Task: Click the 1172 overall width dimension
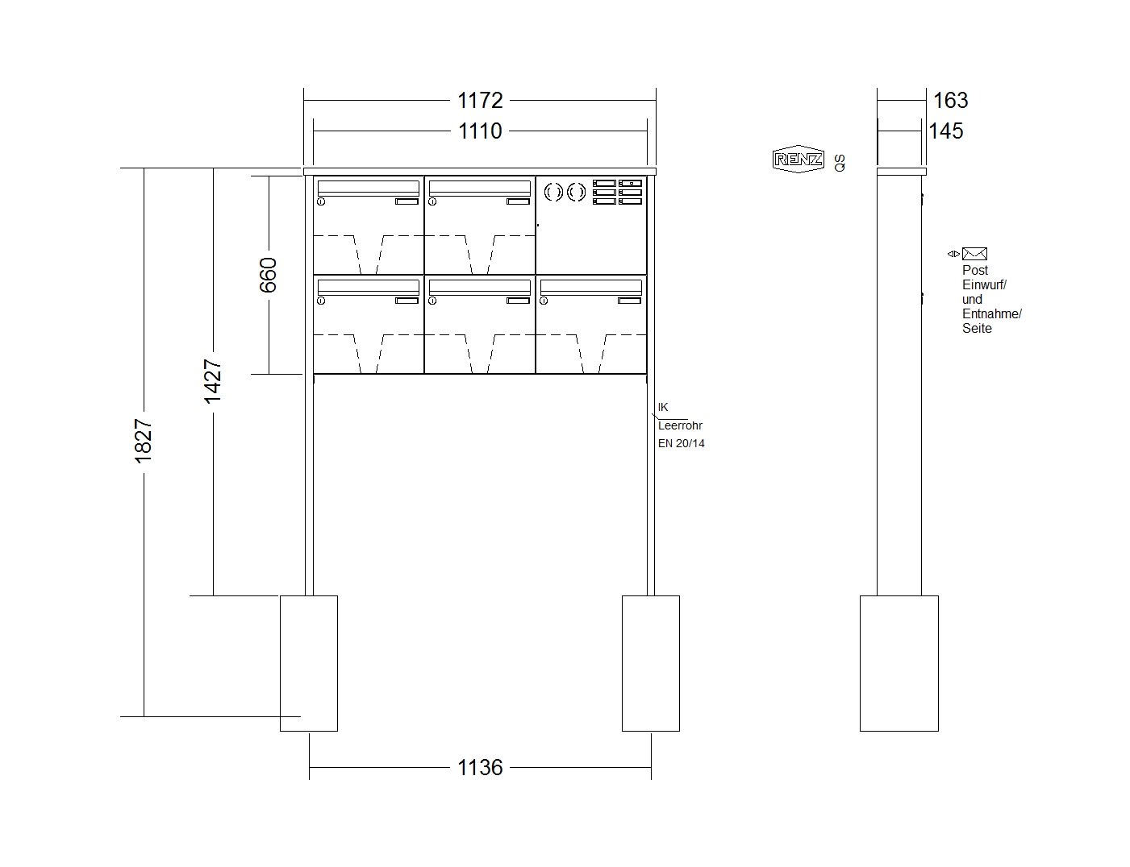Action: pos(479,100)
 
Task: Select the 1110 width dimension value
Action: pos(479,131)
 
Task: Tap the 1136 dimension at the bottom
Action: pos(479,767)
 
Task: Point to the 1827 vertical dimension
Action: pos(143,441)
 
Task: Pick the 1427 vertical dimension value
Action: pos(213,381)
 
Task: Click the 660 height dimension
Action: pos(269,275)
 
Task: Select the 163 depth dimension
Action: pos(951,100)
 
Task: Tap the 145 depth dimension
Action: pos(946,131)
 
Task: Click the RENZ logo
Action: pos(799,159)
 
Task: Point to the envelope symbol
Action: pos(974,254)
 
